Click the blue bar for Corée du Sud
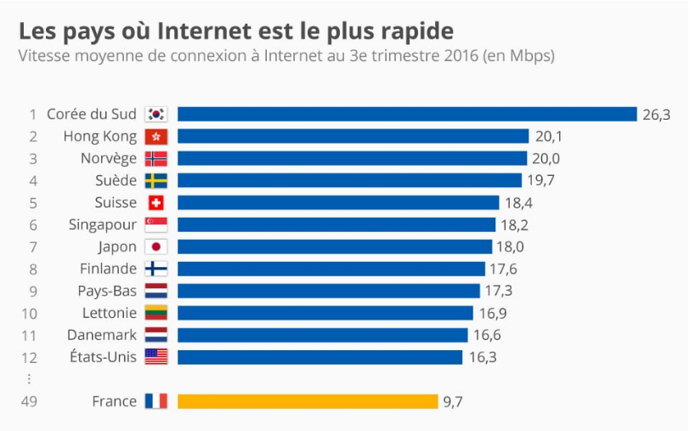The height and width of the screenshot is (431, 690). click(407, 114)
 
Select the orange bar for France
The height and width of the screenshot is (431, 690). click(308, 401)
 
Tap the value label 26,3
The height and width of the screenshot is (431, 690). click(656, 115)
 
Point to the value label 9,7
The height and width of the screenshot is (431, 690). click(453, 401)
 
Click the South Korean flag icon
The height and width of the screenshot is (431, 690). click(156, 114)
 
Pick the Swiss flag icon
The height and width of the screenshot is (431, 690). click(156, 202)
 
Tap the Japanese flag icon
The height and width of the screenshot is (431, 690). click(156, 247)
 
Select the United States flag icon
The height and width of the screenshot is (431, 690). click(156, 357)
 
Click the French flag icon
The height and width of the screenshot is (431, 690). click(156, 401)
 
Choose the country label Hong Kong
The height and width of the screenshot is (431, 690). click(99, 136)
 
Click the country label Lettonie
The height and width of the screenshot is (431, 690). click(110, 313)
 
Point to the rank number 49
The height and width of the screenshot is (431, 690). click(31, 401)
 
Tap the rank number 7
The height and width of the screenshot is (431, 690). click(33, 247)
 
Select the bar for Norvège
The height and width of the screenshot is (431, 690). click(352, 158)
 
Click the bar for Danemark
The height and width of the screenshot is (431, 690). click(323, 335)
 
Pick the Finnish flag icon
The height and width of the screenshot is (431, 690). click(156, 269)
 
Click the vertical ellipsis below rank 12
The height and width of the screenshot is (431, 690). click(30, 379)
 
